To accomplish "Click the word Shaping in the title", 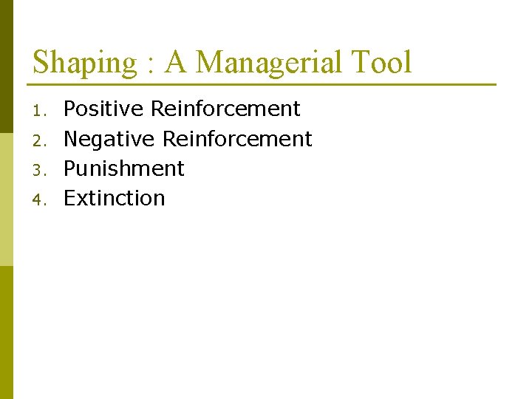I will click(86, 64).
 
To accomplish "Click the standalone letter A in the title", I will click(176, 62).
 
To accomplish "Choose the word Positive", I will click(103, 109).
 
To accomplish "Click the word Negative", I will click(109, 139).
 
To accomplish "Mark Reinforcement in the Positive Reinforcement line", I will click(225, 109).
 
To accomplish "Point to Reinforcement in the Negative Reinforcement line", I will click(237, 139).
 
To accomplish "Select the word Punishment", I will click(123, 168).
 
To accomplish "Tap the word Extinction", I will click(114, 198).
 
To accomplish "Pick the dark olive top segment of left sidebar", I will click(6, 44).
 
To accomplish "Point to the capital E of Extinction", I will click(69, 198).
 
